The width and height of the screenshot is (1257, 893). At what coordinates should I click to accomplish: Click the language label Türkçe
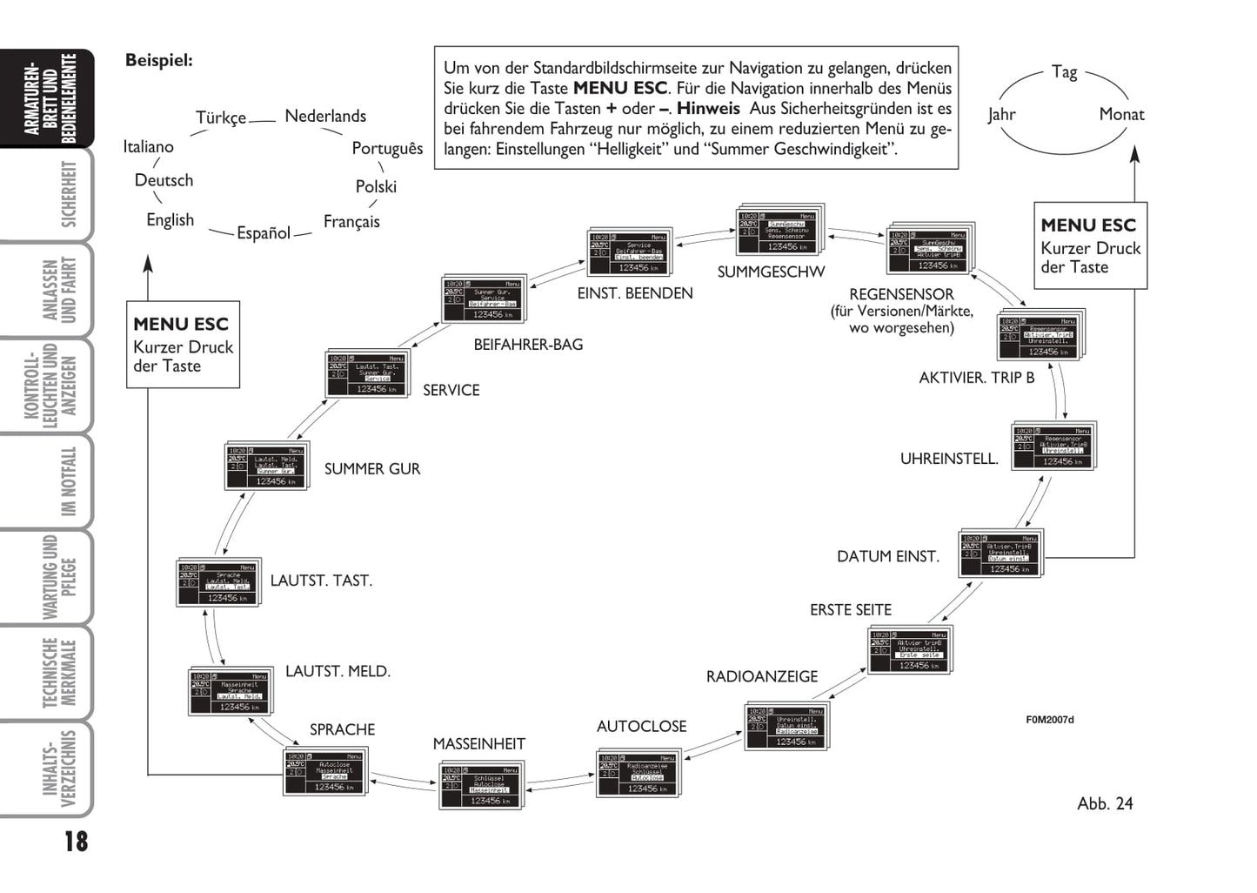221,117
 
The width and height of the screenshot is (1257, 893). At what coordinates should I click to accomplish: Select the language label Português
387,148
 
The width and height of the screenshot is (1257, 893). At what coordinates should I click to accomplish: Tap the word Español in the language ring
264,233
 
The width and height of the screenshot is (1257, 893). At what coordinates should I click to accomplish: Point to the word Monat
1121,114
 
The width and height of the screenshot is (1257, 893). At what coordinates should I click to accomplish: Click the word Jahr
1001,114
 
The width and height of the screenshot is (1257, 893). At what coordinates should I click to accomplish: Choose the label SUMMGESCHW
771,272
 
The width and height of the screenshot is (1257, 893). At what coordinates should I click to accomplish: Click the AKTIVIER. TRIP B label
977,378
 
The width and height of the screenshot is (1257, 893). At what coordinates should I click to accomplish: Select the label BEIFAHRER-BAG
528,345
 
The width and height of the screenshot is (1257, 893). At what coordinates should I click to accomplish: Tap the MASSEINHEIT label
479,744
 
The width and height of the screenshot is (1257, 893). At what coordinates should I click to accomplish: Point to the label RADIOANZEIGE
762,676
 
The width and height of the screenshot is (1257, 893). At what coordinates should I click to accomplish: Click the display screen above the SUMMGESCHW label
779,231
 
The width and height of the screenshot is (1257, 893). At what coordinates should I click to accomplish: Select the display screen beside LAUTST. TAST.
217,582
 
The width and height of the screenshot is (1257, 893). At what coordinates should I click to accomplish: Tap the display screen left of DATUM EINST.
1000,554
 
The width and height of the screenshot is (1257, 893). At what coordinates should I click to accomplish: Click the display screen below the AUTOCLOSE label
639,774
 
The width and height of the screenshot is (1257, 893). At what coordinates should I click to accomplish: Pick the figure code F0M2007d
1050,720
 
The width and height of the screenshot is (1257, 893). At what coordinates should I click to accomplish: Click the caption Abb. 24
1105,803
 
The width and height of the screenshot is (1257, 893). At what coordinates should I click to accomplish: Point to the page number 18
76,842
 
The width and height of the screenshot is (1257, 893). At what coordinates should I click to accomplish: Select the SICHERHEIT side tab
68,194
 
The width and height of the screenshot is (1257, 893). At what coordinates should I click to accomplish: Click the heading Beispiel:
159,60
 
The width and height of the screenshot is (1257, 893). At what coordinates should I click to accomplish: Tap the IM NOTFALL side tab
68,481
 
